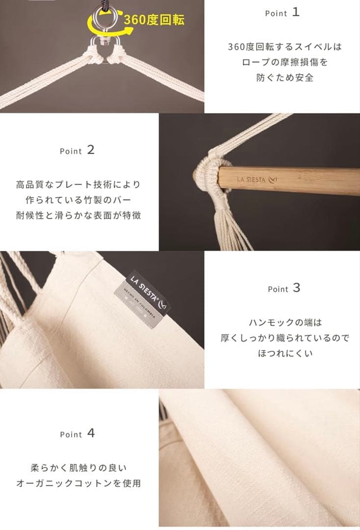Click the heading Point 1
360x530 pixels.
(282, 13)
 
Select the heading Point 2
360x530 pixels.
(77, 151)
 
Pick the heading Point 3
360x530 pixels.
(284, 289)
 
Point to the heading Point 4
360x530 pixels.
(77, 434)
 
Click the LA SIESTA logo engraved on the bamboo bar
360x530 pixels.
(256, 180)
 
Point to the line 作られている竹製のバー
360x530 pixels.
(78, 200)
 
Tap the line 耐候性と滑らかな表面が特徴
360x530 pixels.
(78, 215)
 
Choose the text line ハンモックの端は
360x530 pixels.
(285, 322)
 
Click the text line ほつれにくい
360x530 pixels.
(285, 353)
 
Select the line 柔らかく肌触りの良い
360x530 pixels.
(78, 468)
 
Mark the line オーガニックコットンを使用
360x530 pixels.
(78, 483)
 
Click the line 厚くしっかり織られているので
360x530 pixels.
(285, 338)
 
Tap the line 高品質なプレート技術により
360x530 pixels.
(78, 185)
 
